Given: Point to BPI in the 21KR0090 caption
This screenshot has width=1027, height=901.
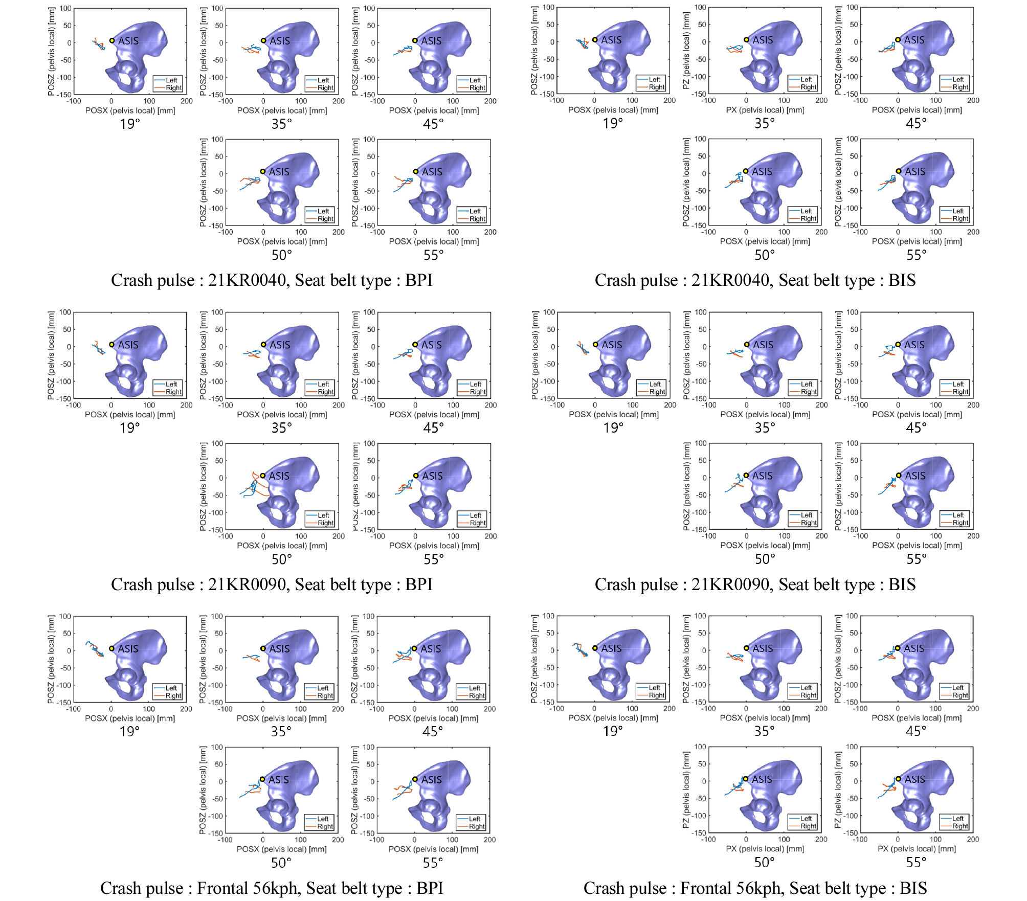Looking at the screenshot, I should (x=419, y=584).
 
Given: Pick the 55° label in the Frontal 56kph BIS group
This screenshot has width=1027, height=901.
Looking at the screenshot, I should (x=916, y=862).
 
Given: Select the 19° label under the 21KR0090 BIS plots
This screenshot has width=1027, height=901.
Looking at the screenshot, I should (x=613, y=427).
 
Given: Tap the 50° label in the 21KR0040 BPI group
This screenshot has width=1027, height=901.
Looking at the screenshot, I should (x=282, y=255).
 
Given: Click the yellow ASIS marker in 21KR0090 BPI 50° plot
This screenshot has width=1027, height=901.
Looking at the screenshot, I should (x=263, y=476).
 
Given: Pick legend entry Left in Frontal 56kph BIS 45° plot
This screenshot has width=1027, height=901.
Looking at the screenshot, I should (x=958, y=688).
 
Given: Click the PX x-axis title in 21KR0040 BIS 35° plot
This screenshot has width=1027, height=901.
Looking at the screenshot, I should (x=765, y=110).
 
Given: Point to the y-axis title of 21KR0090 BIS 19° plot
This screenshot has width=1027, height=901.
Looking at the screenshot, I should (x=535, y=355).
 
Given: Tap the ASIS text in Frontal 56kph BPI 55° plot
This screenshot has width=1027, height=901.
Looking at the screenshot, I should (x=431, y=779).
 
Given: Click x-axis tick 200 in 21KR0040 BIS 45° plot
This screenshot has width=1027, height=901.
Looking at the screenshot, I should (x=973, y=101).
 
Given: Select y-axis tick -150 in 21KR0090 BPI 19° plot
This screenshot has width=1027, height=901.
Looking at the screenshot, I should (x=64, y=398).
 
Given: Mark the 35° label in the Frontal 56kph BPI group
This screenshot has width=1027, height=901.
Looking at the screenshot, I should (x=281, y=731).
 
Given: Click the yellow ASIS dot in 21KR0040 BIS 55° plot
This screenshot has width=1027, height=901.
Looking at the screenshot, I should (x=899, y=171).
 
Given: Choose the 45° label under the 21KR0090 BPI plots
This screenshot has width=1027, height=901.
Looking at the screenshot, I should (x=433, y=427).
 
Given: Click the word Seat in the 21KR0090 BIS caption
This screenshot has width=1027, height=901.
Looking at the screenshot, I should (x=796, y=584).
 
